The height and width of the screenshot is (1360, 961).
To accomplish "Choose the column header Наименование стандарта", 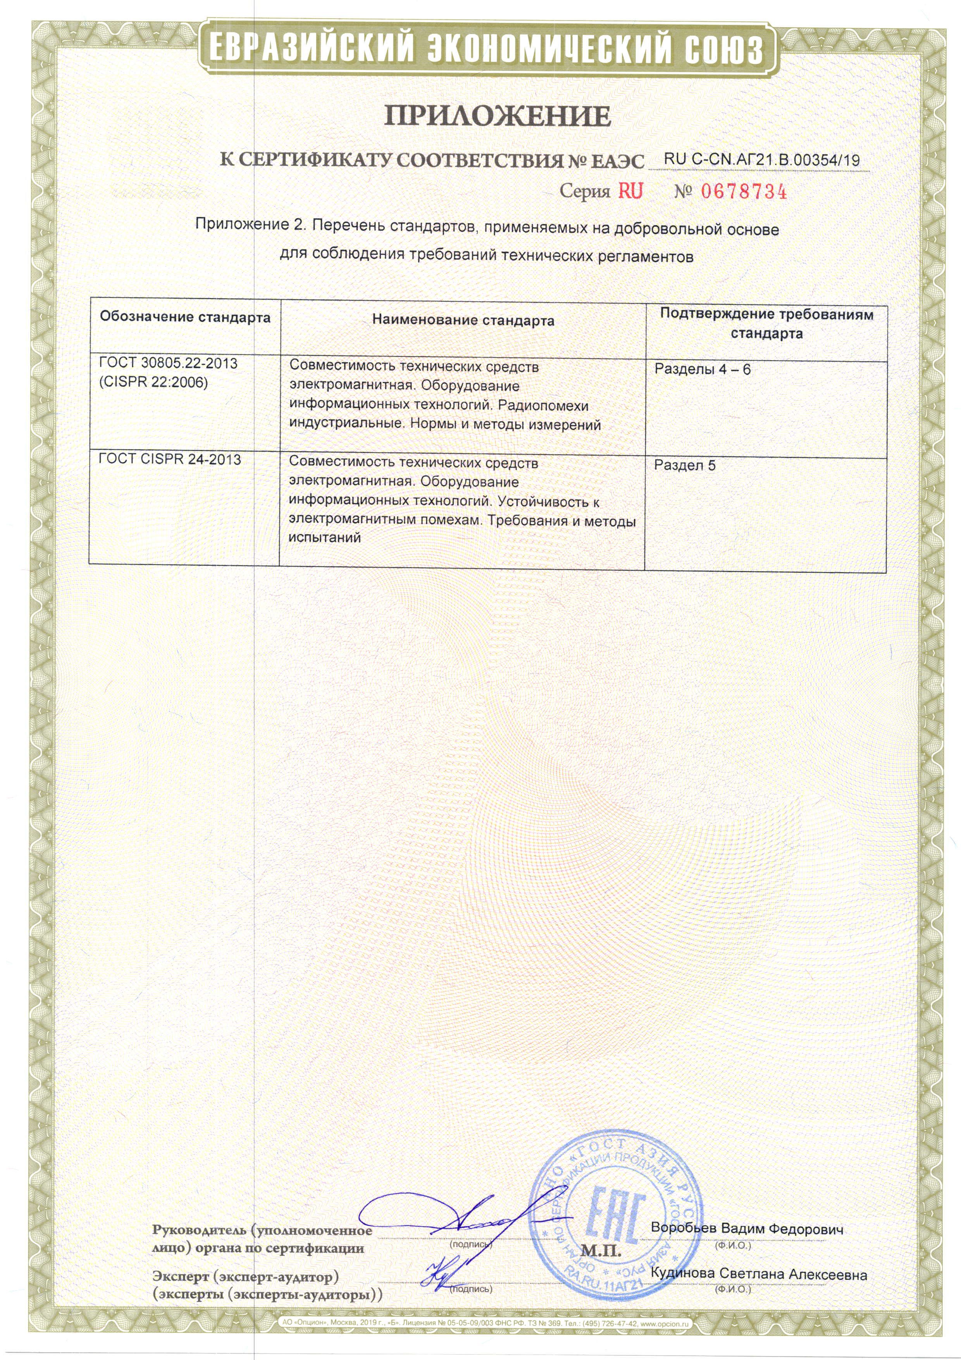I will click(x=463, y=321).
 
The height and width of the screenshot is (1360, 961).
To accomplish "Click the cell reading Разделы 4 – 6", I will click(x=702, y=369).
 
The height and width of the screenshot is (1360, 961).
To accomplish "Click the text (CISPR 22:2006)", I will click(x=153, y=383).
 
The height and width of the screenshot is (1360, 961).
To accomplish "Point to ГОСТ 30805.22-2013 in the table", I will click(x=168, y=363).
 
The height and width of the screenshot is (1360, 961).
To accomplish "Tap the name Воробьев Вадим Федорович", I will click(x=747, y=1228).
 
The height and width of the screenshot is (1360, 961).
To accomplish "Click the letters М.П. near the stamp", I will click(x=601, y=1251).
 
